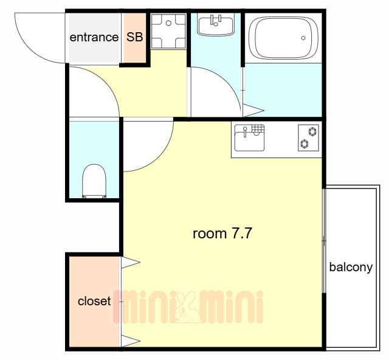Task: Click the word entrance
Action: pyautogui.click(x=94, y=38)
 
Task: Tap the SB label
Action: pyautogui.click(x=135, y=37)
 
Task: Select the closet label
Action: pyautogui.click(x=94, y=301)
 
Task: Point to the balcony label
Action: pyautogui.click(x=351, y=268)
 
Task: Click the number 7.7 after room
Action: pyautogui.click(x=242, y=234)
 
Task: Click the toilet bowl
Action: pyautogui.click(x=94, y=181)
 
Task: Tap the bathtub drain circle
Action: pyautogui.click(x=303, y=38)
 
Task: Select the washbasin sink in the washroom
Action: pyautogui.click(x=216, y=24)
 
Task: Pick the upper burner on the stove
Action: pyautogui.click(x=312, y=131)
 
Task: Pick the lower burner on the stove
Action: pyautogui.click(x=305, y=144)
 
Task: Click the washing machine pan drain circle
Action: pyautogui.click(x=168, y=23)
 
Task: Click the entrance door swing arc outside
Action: pyautogui.click(x=29, y=49)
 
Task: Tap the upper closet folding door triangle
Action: pyautogui.click(x=131, y=262)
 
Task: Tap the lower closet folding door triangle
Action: pyautogui.click(x=131, y=341)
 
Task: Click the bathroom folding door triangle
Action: pyautogui.click(x=253, y=111)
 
